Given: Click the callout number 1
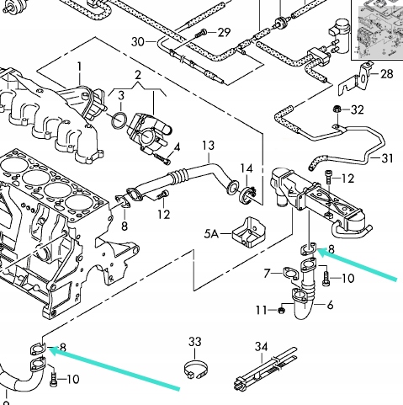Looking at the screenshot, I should pyautogui.click(x=80, y=67).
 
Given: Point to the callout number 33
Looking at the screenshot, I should pyautogui.click(x=195, y=342).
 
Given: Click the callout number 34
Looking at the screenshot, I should pyautogui.click(x=261, y=345).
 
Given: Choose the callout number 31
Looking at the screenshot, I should pyautogui.click(x=386, y=157).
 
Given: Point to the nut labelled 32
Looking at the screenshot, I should pyautogui.click(x=337, y=110).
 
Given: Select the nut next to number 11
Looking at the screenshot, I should pyautogui.click(x=282, y=310).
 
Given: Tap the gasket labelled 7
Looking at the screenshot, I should pyautogui.click(x=291, y=274).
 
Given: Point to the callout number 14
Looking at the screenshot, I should pyautogui.click(x=247, y=169).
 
